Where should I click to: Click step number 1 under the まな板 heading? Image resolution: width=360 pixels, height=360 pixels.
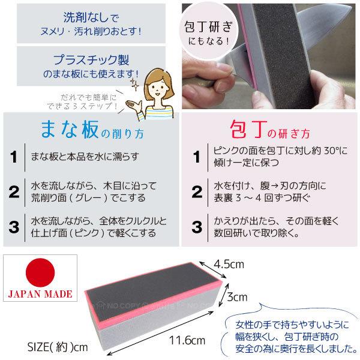(13, 158)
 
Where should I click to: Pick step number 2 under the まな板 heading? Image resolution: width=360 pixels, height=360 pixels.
(13, 192)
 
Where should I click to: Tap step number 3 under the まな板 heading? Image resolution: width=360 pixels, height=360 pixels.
(13, 226)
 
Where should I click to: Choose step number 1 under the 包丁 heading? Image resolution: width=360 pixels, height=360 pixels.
(196, 158)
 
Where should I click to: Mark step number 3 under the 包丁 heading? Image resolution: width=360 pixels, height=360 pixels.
(196, 226)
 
